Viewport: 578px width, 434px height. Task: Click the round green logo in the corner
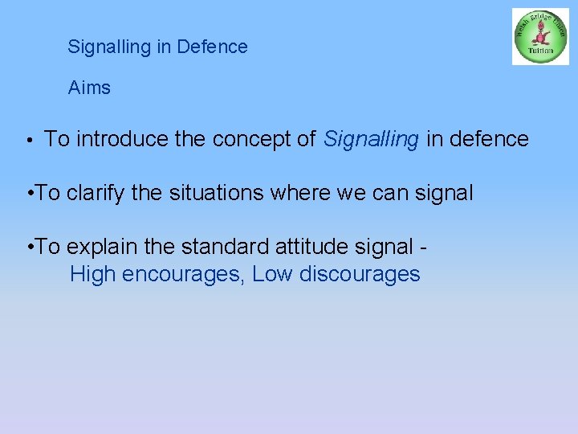tap(540, 36)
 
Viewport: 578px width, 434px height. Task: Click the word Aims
tap(89, 88)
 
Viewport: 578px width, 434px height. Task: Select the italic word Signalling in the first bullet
tap(371, 139)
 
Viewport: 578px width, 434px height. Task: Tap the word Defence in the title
tap(213, 47)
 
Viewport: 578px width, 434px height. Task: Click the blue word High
tap(93, 274)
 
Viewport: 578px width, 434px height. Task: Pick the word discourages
tap(359, 274)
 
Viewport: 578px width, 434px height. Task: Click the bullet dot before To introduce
tap(29, 141)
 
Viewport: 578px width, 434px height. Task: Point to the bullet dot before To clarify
tap(30, 194)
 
